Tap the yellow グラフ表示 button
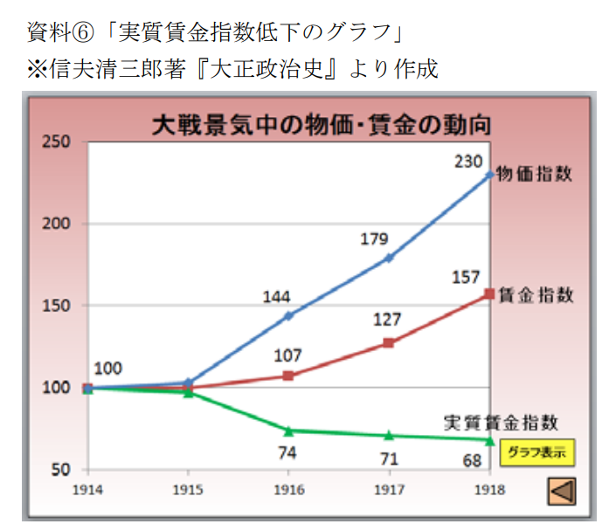point(536,452)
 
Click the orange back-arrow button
point(562,491)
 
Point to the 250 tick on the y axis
point(59,142)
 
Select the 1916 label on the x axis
point(287,490)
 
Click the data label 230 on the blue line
point(468,161)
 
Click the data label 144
point(277,297)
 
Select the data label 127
point(387,320)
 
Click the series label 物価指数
point(534,174)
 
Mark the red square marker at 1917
point(388,343)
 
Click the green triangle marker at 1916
point(287,431)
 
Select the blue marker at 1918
point(488,175)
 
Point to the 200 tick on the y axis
point(59,224)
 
